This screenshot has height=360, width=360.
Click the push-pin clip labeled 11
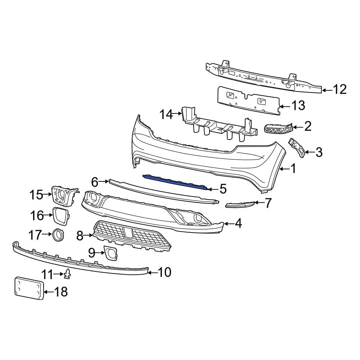67,274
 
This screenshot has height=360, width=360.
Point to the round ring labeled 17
58,234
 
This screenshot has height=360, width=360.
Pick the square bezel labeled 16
60,216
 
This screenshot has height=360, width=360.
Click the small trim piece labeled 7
240,204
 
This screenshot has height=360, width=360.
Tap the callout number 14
166,114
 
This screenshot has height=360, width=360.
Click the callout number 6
95,182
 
